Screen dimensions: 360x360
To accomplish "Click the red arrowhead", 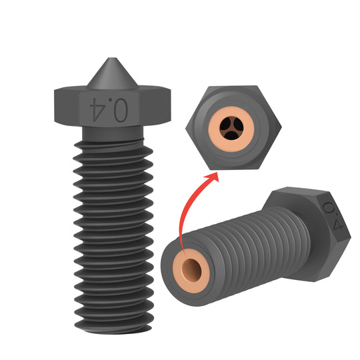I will click(x=215, y=177).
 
